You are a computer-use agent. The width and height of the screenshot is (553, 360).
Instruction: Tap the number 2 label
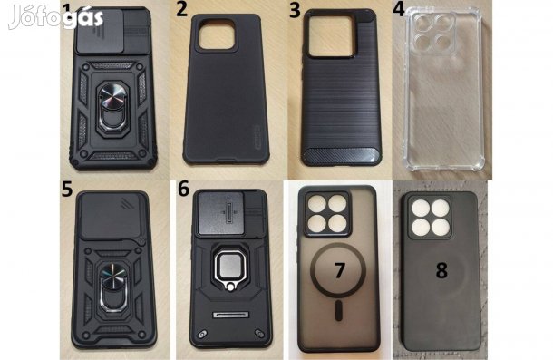(x=181, y=11)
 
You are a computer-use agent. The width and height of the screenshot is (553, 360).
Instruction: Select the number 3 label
(x=294, y=11)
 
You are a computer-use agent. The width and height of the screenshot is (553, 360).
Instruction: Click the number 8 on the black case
(x=441, y=270)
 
